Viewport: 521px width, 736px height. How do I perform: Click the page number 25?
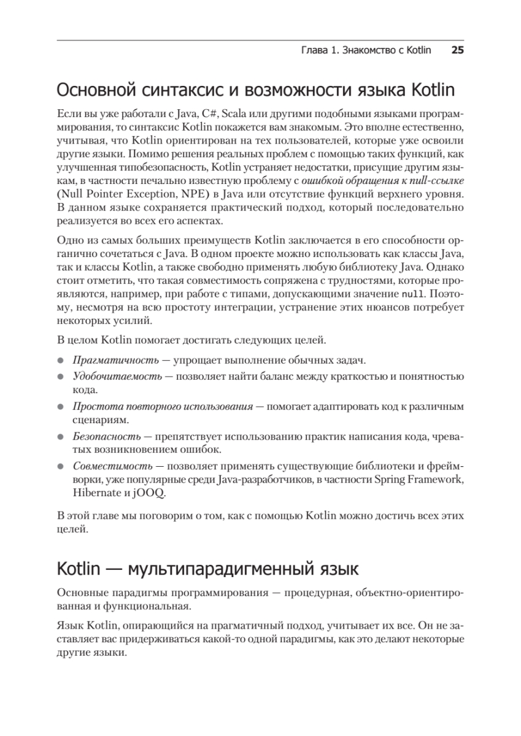coord(457,50)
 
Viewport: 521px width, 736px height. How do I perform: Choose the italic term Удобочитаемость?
coord(118,377)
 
